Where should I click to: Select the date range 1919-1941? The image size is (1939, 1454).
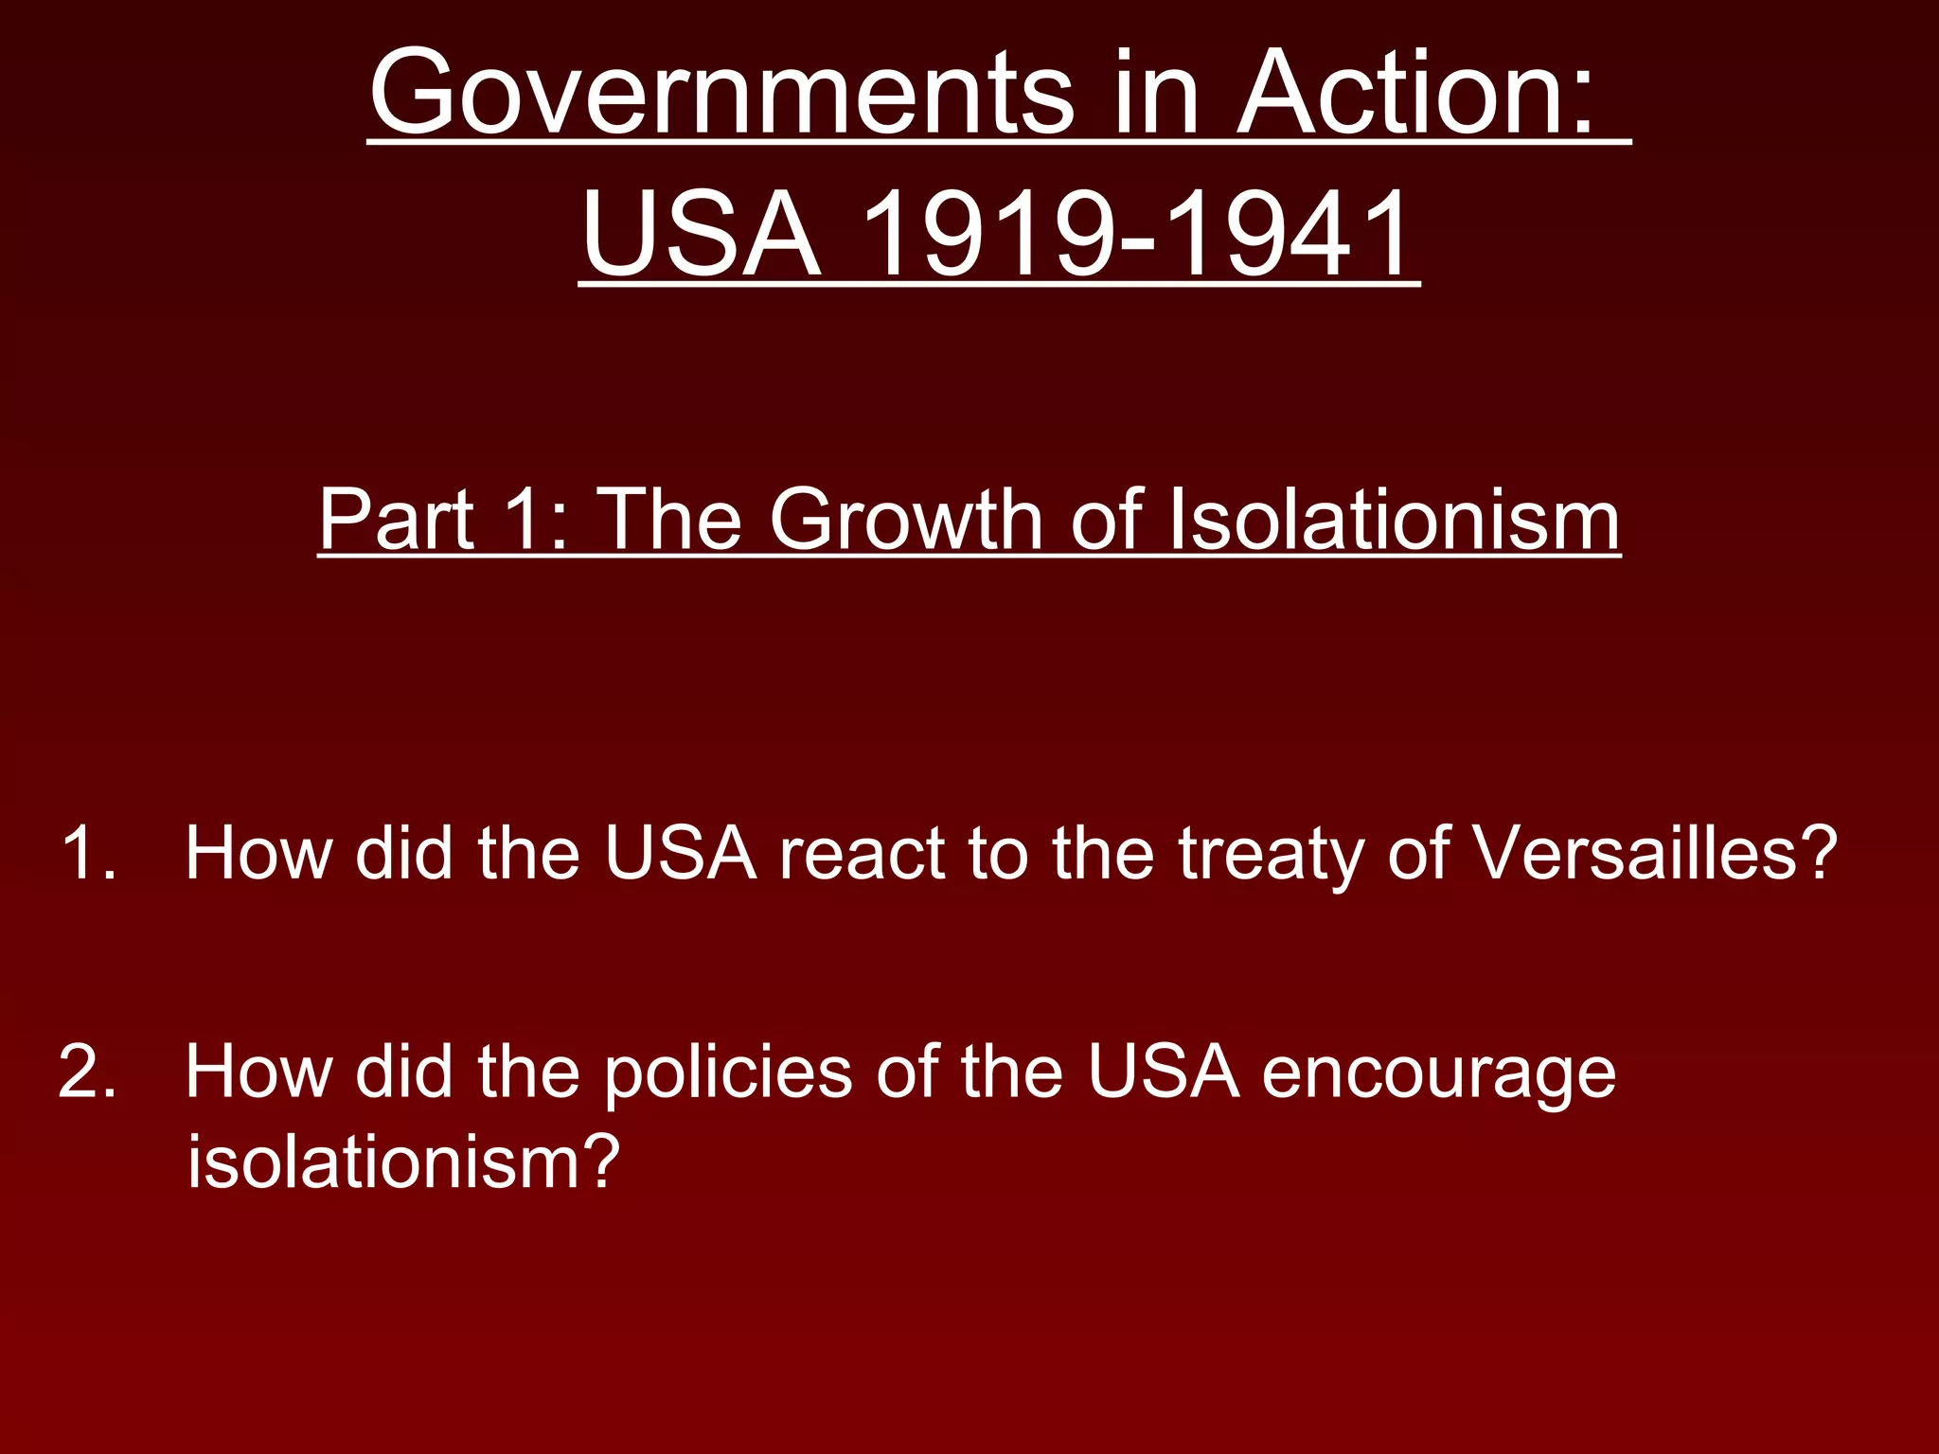coord(1135,234)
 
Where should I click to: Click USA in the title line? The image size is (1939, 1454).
coord(702,234)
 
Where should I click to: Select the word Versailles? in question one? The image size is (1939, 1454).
coord(1655,853)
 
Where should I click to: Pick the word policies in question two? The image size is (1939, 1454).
coord(728,1073)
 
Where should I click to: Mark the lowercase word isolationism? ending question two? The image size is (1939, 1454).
coord(403,1161)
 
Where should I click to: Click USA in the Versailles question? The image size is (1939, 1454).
coord(681,853)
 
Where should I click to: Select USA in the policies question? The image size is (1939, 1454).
coord(1164,1072)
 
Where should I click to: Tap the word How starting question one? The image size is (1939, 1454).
coord(258,853)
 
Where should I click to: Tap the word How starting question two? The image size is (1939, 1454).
coord(258,1072)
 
